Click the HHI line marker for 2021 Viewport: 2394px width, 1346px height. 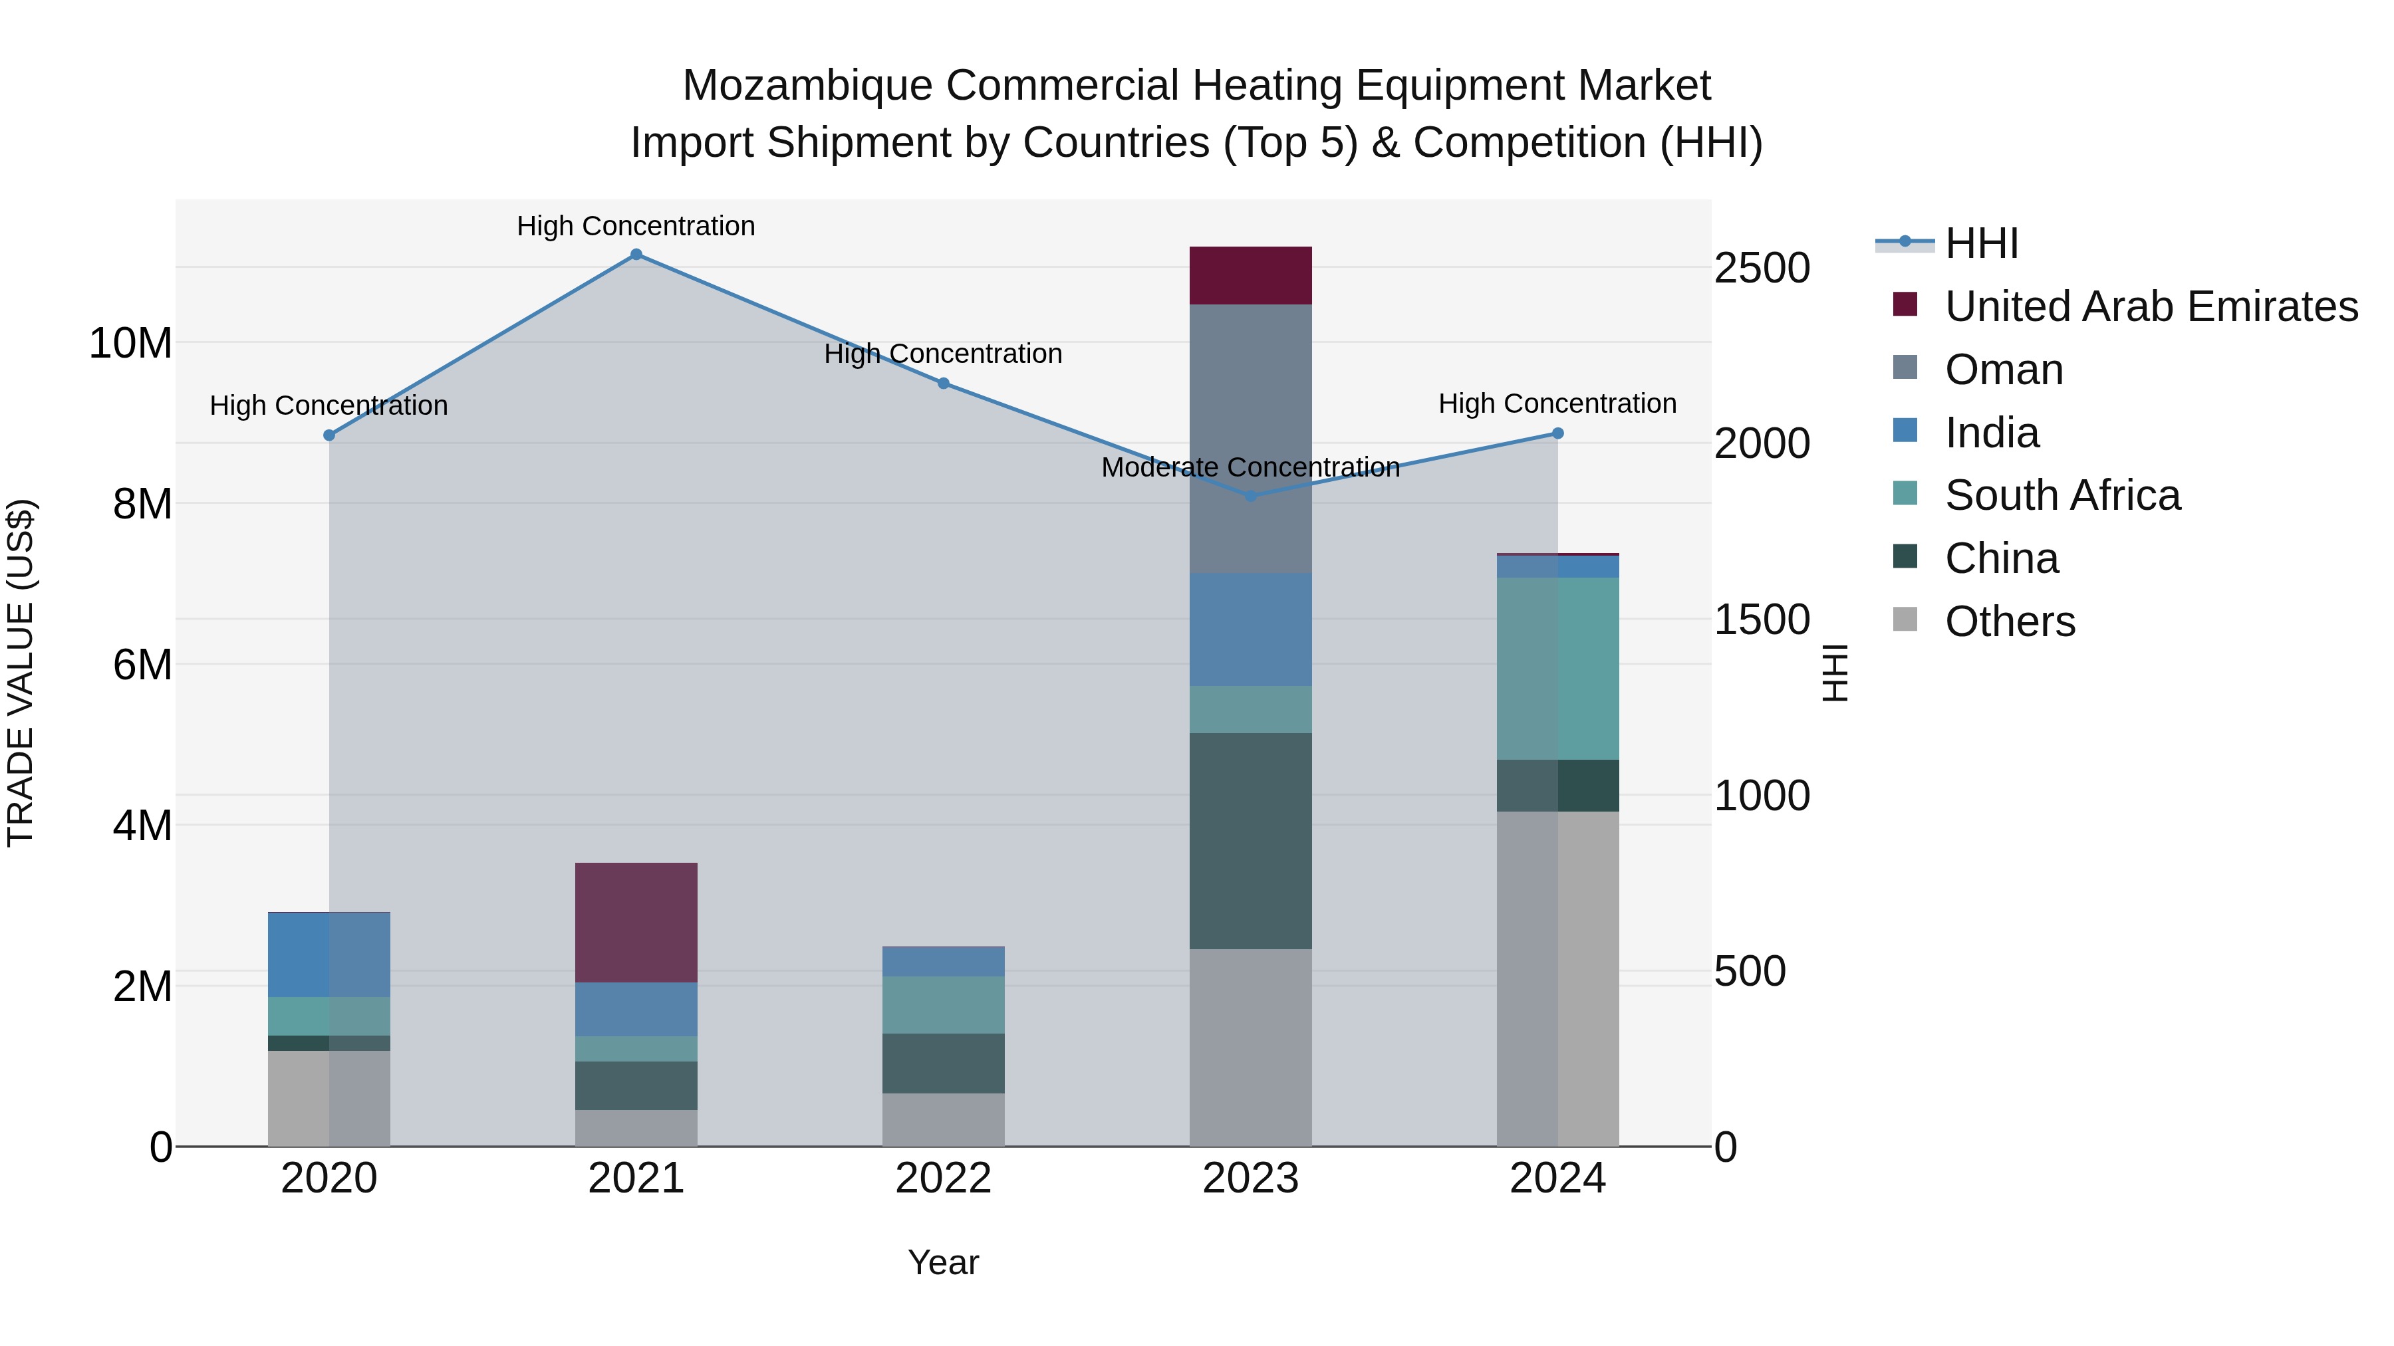pos(636,255)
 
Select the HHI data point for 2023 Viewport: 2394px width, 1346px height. pos(1250,496)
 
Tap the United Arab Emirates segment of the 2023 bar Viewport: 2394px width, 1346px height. pos(1250,276)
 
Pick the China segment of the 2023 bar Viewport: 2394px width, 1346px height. pos(1250,841)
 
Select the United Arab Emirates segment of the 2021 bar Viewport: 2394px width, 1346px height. pos(636,923)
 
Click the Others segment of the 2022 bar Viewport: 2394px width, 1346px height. pos(942,1119)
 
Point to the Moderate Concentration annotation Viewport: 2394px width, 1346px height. pos(1250,467)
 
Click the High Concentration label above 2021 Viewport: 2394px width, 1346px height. pos(636,226)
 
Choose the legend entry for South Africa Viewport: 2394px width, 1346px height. pos(2062,495)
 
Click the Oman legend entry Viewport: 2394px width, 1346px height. pos(2004,370)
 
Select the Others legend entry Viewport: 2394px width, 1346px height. pos(2009,621)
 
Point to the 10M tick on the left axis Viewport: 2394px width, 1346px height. pos(130,344)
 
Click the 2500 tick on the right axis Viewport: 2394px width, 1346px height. pos(1761,269)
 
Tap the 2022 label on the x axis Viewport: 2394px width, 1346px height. pos(942,1178)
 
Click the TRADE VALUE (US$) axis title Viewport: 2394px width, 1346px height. pos(21,673)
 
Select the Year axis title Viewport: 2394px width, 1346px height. pos(942,1262)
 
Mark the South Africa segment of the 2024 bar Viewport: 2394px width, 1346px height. pos(1557,669)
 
